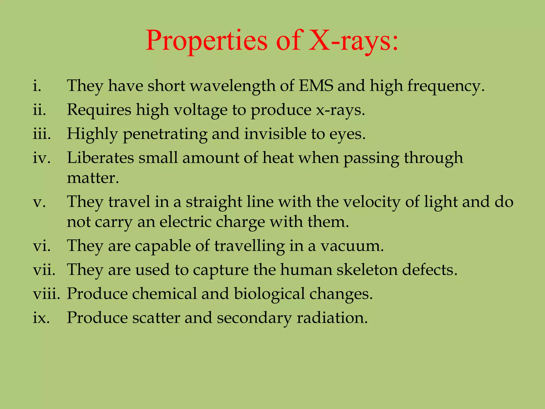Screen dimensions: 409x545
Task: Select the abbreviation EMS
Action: [x=316, y=86]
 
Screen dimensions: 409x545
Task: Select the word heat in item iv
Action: [x=278, y=158]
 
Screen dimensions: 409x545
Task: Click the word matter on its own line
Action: [x=92, y=178]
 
